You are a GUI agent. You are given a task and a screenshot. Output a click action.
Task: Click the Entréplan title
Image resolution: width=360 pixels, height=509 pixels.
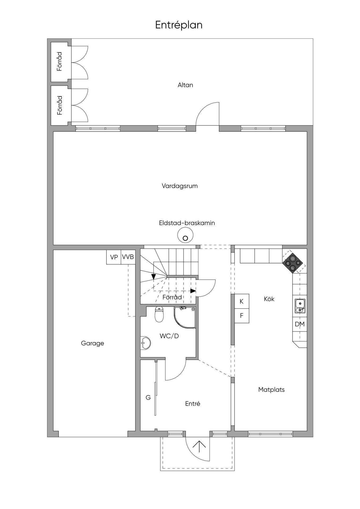(179, 25)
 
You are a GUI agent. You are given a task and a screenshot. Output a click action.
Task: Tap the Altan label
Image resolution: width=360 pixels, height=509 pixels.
(185, 85)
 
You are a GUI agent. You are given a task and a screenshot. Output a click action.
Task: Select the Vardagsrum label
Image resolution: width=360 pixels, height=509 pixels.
(180, 186)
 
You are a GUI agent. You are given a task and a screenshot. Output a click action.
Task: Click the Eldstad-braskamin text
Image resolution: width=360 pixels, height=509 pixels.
(187, 223)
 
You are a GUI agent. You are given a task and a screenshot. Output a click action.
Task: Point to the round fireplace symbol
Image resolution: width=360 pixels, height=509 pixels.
(185, 235)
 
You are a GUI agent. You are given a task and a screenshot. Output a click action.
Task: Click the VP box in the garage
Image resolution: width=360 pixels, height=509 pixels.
(114, 257)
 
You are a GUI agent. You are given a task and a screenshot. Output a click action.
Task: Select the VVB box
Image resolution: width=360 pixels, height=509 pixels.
(128, 257)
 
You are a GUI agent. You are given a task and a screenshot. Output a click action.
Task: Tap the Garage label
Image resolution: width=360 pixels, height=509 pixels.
(92, 343)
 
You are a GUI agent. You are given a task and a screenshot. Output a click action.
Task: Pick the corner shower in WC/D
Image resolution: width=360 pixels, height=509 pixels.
(185, 318)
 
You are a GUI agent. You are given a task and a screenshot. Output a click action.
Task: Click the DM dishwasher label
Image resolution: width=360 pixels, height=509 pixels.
(300, 324)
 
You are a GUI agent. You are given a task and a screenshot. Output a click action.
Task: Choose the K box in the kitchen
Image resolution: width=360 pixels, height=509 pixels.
(242, 301)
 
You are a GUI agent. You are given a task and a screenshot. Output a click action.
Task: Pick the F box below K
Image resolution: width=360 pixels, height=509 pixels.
(242, 316)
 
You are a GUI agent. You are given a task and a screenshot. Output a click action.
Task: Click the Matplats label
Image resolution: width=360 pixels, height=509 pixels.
(271, 390)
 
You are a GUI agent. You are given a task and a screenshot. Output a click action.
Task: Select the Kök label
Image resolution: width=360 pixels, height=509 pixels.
(269, 299)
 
